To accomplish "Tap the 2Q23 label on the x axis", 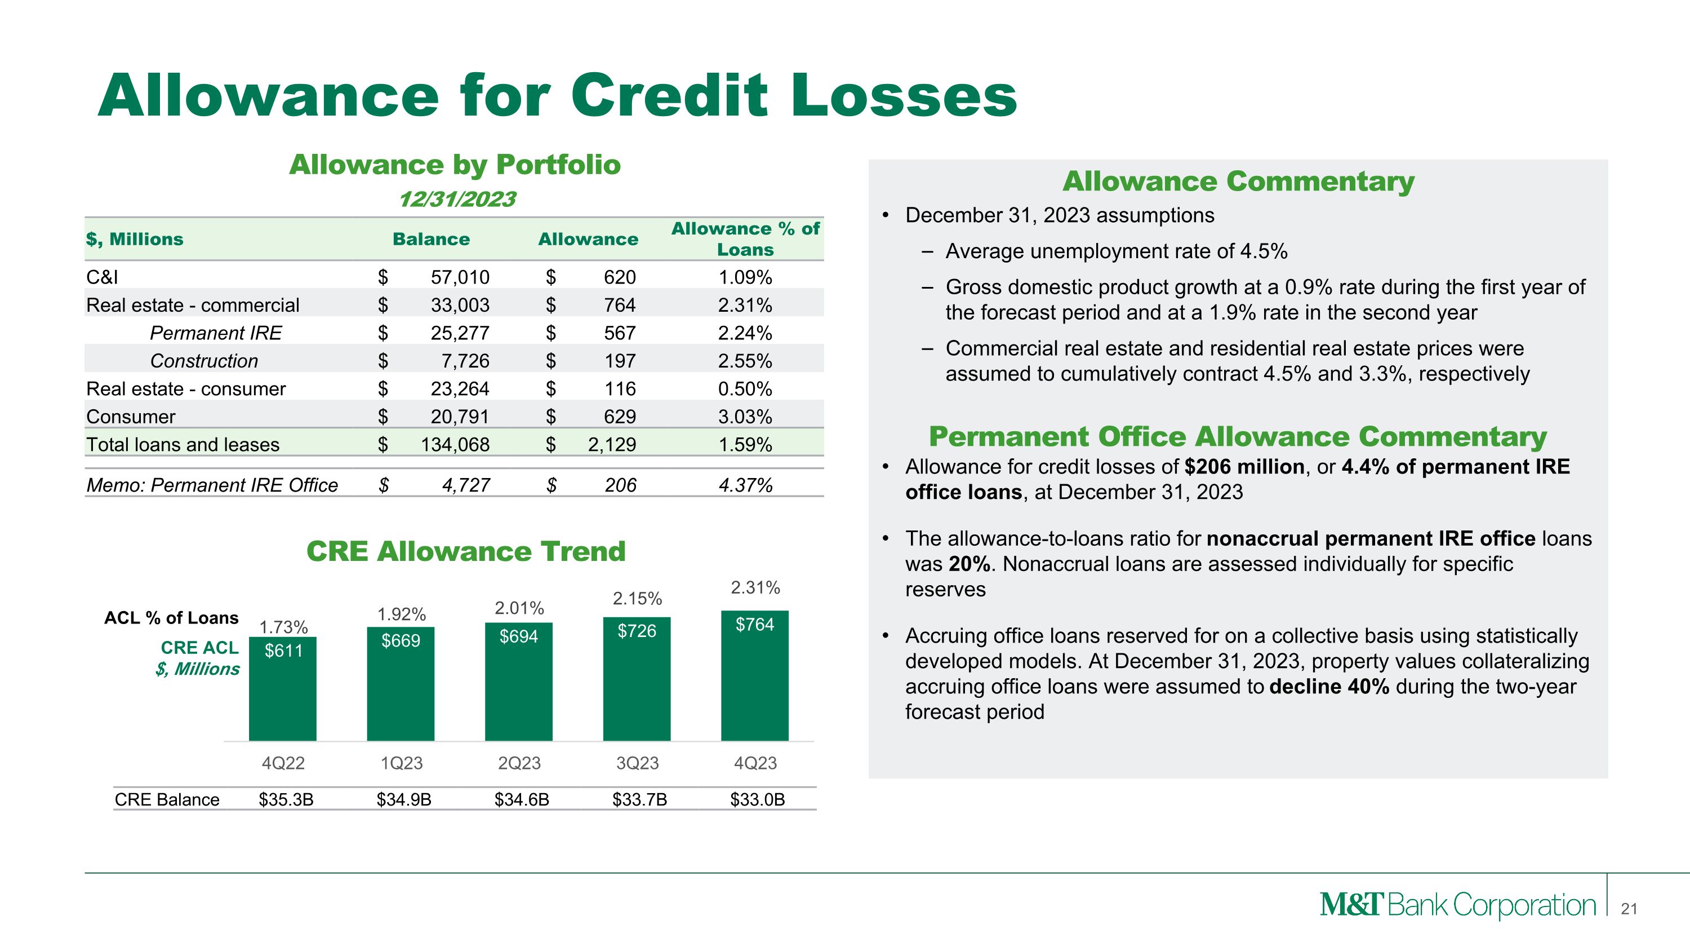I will coord(519,763).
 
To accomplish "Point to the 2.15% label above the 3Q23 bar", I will coord(637,599).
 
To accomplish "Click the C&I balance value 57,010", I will coord(459,277).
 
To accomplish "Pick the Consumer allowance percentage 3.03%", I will coord(745,417).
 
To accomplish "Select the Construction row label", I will coord(204,361).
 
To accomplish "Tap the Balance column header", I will coord(431,239).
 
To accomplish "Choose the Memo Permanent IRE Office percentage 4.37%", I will coord(745,485).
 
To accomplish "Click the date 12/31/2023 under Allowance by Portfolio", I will coord(457,199).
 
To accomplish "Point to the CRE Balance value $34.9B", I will coord(403,799).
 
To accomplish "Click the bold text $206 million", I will coord(1244,467).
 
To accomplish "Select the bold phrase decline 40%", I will coord(1329,687).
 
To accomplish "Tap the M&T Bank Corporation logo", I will coord(1457,905).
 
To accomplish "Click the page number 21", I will coord(1629,909).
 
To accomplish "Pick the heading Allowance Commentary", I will coord(1238,181).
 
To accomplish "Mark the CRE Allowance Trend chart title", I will coord(466,551).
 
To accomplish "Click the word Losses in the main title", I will coord(904,96).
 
